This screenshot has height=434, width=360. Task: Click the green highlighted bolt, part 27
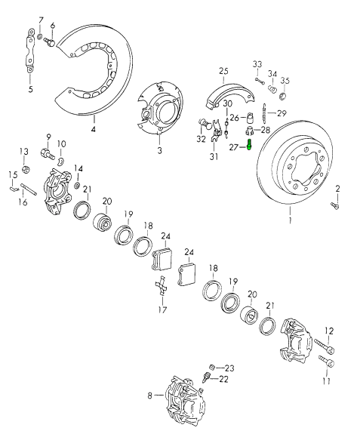(x=249, y=145)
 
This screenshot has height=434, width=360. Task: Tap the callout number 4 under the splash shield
(x=94, y=129)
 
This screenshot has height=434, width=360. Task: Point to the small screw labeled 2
(x=335, y=205)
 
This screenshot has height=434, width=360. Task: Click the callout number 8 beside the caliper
(x=150, y=396)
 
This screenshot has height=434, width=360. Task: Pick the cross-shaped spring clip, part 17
(x=162, y=286)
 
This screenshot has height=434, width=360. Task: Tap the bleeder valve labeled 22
(x=206, y=377)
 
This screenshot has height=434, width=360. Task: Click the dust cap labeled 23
(x=213, y=367)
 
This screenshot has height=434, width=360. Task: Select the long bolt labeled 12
(x=324, y=345)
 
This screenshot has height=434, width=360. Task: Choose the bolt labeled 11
(x=327, y=361)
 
